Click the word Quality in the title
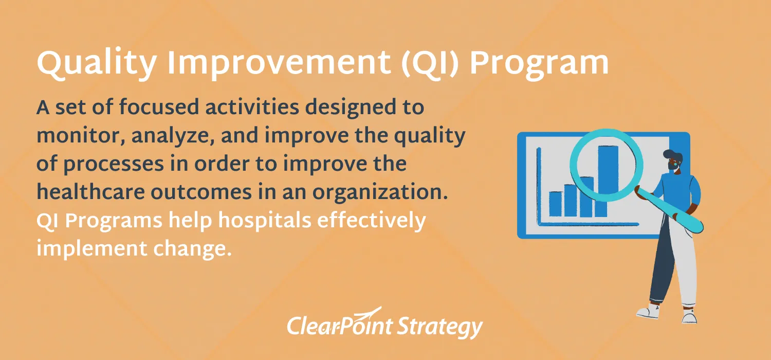tap(97, 64)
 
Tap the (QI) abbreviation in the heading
tap(430, 64)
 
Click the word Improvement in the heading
tap(279, 63)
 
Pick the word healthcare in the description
tap(90, 191)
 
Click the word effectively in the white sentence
tap(372, 221)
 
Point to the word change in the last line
tap(192, 249)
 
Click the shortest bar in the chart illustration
tap(556, 204)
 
